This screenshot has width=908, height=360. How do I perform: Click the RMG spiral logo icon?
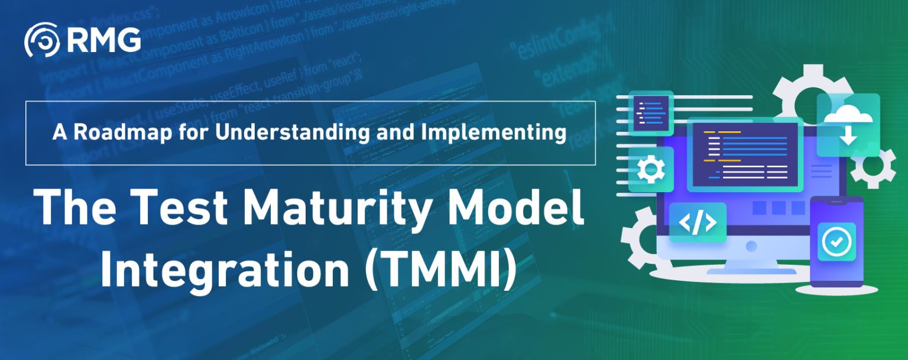point(41,40)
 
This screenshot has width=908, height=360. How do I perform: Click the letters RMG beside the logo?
point(104,40)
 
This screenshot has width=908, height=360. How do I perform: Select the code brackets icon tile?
point(698,222)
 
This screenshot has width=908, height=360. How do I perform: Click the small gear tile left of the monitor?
point(651,170)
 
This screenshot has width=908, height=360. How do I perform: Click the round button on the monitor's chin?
point(753,245)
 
